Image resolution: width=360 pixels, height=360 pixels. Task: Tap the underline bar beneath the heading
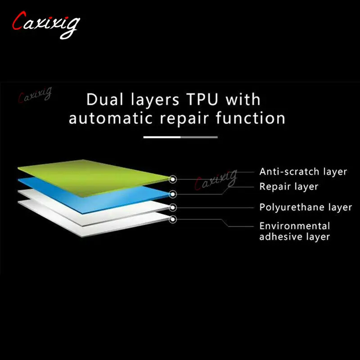[180, 137]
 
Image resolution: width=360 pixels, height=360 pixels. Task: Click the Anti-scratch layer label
[303, 171]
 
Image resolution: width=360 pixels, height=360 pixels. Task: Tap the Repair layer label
[288, 186]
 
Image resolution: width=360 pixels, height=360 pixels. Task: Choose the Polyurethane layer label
[305, 207]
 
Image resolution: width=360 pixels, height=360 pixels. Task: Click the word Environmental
[294, 226]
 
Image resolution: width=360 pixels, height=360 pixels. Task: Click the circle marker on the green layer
[173, 179]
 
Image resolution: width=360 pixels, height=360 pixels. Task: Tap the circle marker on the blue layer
[173, 194]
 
